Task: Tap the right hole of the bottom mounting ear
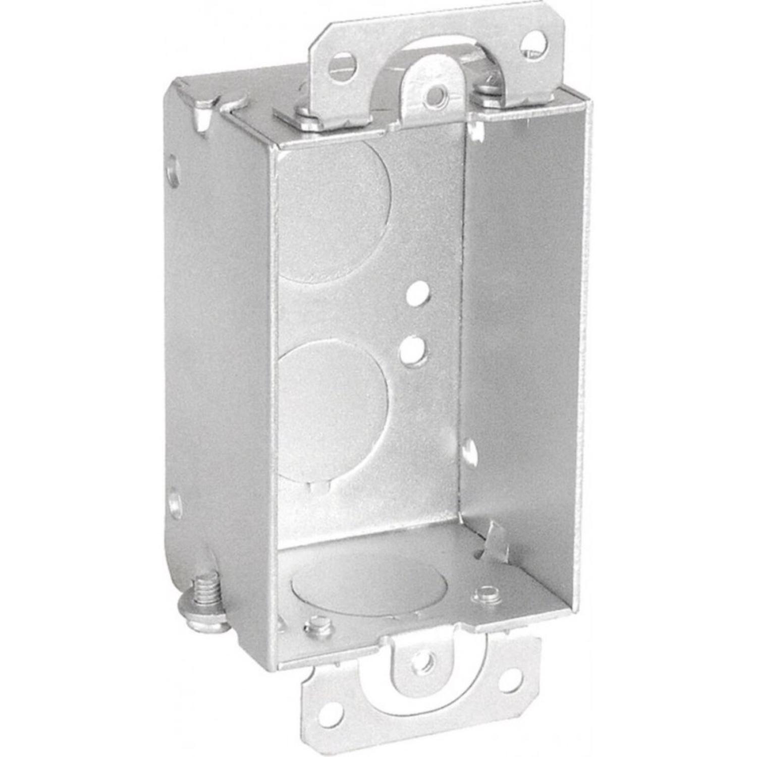click(509, 682)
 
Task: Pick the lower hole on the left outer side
click(175, 502)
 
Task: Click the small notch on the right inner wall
click(469, 451)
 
